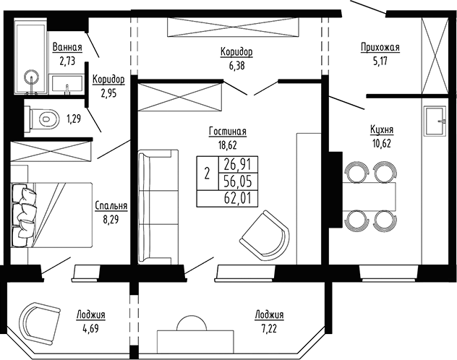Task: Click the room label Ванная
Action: tap(67, 48)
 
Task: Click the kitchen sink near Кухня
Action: tap(434, 120)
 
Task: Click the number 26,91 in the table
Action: tap(238, 164)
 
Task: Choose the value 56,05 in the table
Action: tap(238, 181)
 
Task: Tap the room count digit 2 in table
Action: tap(207, 173)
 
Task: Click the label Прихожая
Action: tap(380, 48)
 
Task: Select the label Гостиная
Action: tap(228, 132)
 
